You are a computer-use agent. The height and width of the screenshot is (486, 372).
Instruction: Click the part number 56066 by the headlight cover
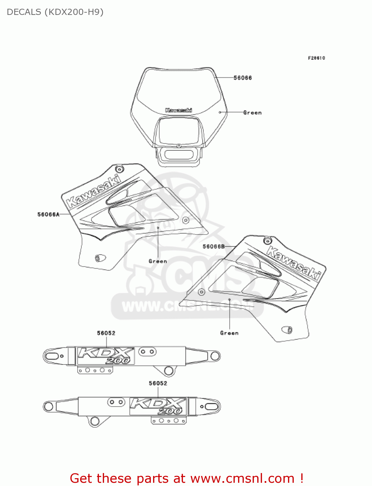point(243,78)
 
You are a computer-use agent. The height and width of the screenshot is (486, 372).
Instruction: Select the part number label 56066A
point(48,214)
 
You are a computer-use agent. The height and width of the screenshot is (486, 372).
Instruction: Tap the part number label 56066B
point(213,247)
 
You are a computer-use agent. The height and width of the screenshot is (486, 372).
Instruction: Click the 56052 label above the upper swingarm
point(106,333)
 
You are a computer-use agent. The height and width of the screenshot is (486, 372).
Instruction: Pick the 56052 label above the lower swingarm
point(158,383)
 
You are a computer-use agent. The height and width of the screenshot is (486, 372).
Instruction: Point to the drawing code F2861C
point(316,58)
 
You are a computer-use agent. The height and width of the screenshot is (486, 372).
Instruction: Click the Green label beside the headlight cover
point(252,113)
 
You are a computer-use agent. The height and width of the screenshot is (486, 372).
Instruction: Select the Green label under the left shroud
point(158,261)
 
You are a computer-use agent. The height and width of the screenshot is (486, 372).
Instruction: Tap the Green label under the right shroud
point(229,333)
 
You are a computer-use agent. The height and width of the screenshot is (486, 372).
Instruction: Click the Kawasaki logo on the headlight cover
point(178,110)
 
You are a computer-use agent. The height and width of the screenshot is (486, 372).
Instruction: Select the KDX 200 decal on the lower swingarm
point(158,406)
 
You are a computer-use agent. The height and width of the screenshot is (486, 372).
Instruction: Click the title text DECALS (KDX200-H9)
point(55,12)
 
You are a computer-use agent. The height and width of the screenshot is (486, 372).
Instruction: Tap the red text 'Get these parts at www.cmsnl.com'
point(186,478)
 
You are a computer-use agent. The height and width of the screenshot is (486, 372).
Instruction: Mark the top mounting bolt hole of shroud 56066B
point(268,240)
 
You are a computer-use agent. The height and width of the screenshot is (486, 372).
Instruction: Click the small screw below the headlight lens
point(179,146)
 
